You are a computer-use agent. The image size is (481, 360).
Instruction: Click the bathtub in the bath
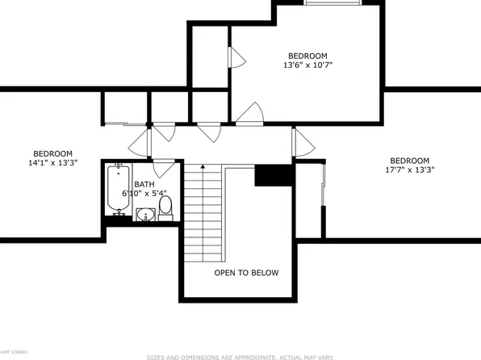click(x=118, y=190)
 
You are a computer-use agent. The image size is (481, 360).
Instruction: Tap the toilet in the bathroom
click(x=165, y=207)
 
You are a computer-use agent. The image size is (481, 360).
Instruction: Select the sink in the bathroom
click(x=145, y=214)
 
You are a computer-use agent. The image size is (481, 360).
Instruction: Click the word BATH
click(x=144, y=185)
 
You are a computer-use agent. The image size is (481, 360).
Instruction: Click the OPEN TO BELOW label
click(x=246, y=273)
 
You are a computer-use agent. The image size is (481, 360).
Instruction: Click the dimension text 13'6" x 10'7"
click(x=307, y=65)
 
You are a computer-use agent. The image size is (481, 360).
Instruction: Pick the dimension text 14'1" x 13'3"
click(x=52, y=163)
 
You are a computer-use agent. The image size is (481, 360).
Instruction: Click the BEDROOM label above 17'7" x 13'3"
click(x=409, y=160)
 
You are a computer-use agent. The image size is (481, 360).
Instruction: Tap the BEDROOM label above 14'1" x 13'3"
click(x=52, y=153)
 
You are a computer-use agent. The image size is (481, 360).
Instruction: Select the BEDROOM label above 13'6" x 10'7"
click(x=307, y=56)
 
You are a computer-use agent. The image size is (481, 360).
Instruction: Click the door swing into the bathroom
click(x=165, y=167)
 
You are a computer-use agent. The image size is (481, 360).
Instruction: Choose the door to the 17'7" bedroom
click(x=303, y=143)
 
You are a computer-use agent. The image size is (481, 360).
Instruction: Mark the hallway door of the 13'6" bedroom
click(x=251, y=114)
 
